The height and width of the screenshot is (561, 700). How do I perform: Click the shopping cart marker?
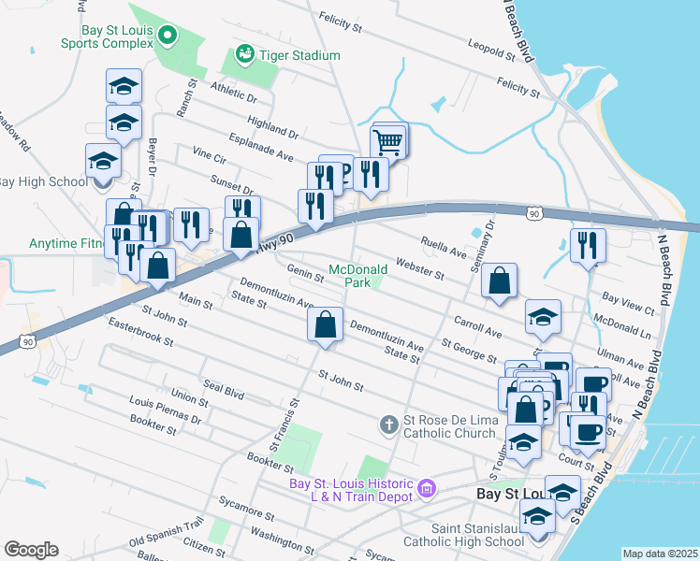(388, 143)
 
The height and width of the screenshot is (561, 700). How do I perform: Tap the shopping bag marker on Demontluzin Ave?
(324, 325)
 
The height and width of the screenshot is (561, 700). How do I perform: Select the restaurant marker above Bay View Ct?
(588, 246)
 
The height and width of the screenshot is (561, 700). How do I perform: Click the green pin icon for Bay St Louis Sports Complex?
(168, 36)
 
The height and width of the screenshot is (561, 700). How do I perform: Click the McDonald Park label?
(357, 275)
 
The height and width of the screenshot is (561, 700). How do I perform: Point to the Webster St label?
(419, 267)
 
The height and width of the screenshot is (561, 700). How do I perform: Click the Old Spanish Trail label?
(166, 532)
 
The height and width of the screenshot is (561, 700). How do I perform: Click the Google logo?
(31, 549)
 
